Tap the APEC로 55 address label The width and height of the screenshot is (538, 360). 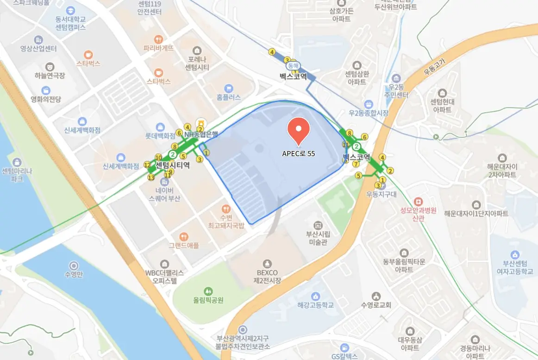pyautogui.click(x=299, y=153)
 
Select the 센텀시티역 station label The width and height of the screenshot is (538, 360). pyautogui.click(x=172, y=164)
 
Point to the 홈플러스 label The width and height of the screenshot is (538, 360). pyautogui.click(x=229, y=97)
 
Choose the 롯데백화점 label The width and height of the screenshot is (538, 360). pyautogui.click(x=160, y=136)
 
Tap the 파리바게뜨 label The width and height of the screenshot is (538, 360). pyautogui.click(x=158, y=47)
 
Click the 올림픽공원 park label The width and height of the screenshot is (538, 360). pyautogui.click(x=208, y=300)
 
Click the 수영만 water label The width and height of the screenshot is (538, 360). pyautogui.click(x=74, y=274)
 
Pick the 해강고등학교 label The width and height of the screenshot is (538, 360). pyautogui.click(x=316, y=305)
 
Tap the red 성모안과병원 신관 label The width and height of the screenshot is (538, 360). pyautogui.click(x=419, y=214)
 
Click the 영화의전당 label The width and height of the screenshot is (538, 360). pyautogui.click(x=46, y=99)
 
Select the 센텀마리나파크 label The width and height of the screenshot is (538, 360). pyautogui.click(x=17, y=174)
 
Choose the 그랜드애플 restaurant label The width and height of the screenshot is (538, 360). pyautogui.click(x=184, y=246)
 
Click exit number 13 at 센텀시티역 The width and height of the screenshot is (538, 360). pyautogui.click(x=150, y=177)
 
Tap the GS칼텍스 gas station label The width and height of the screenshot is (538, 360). pyautogui.click(x=344, y=356)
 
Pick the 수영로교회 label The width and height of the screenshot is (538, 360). pyautogui.click(x=376, y=305)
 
